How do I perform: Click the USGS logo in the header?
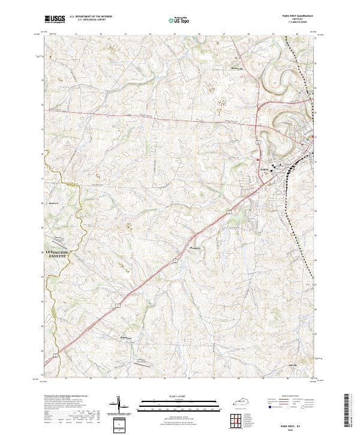pos(55,19)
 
